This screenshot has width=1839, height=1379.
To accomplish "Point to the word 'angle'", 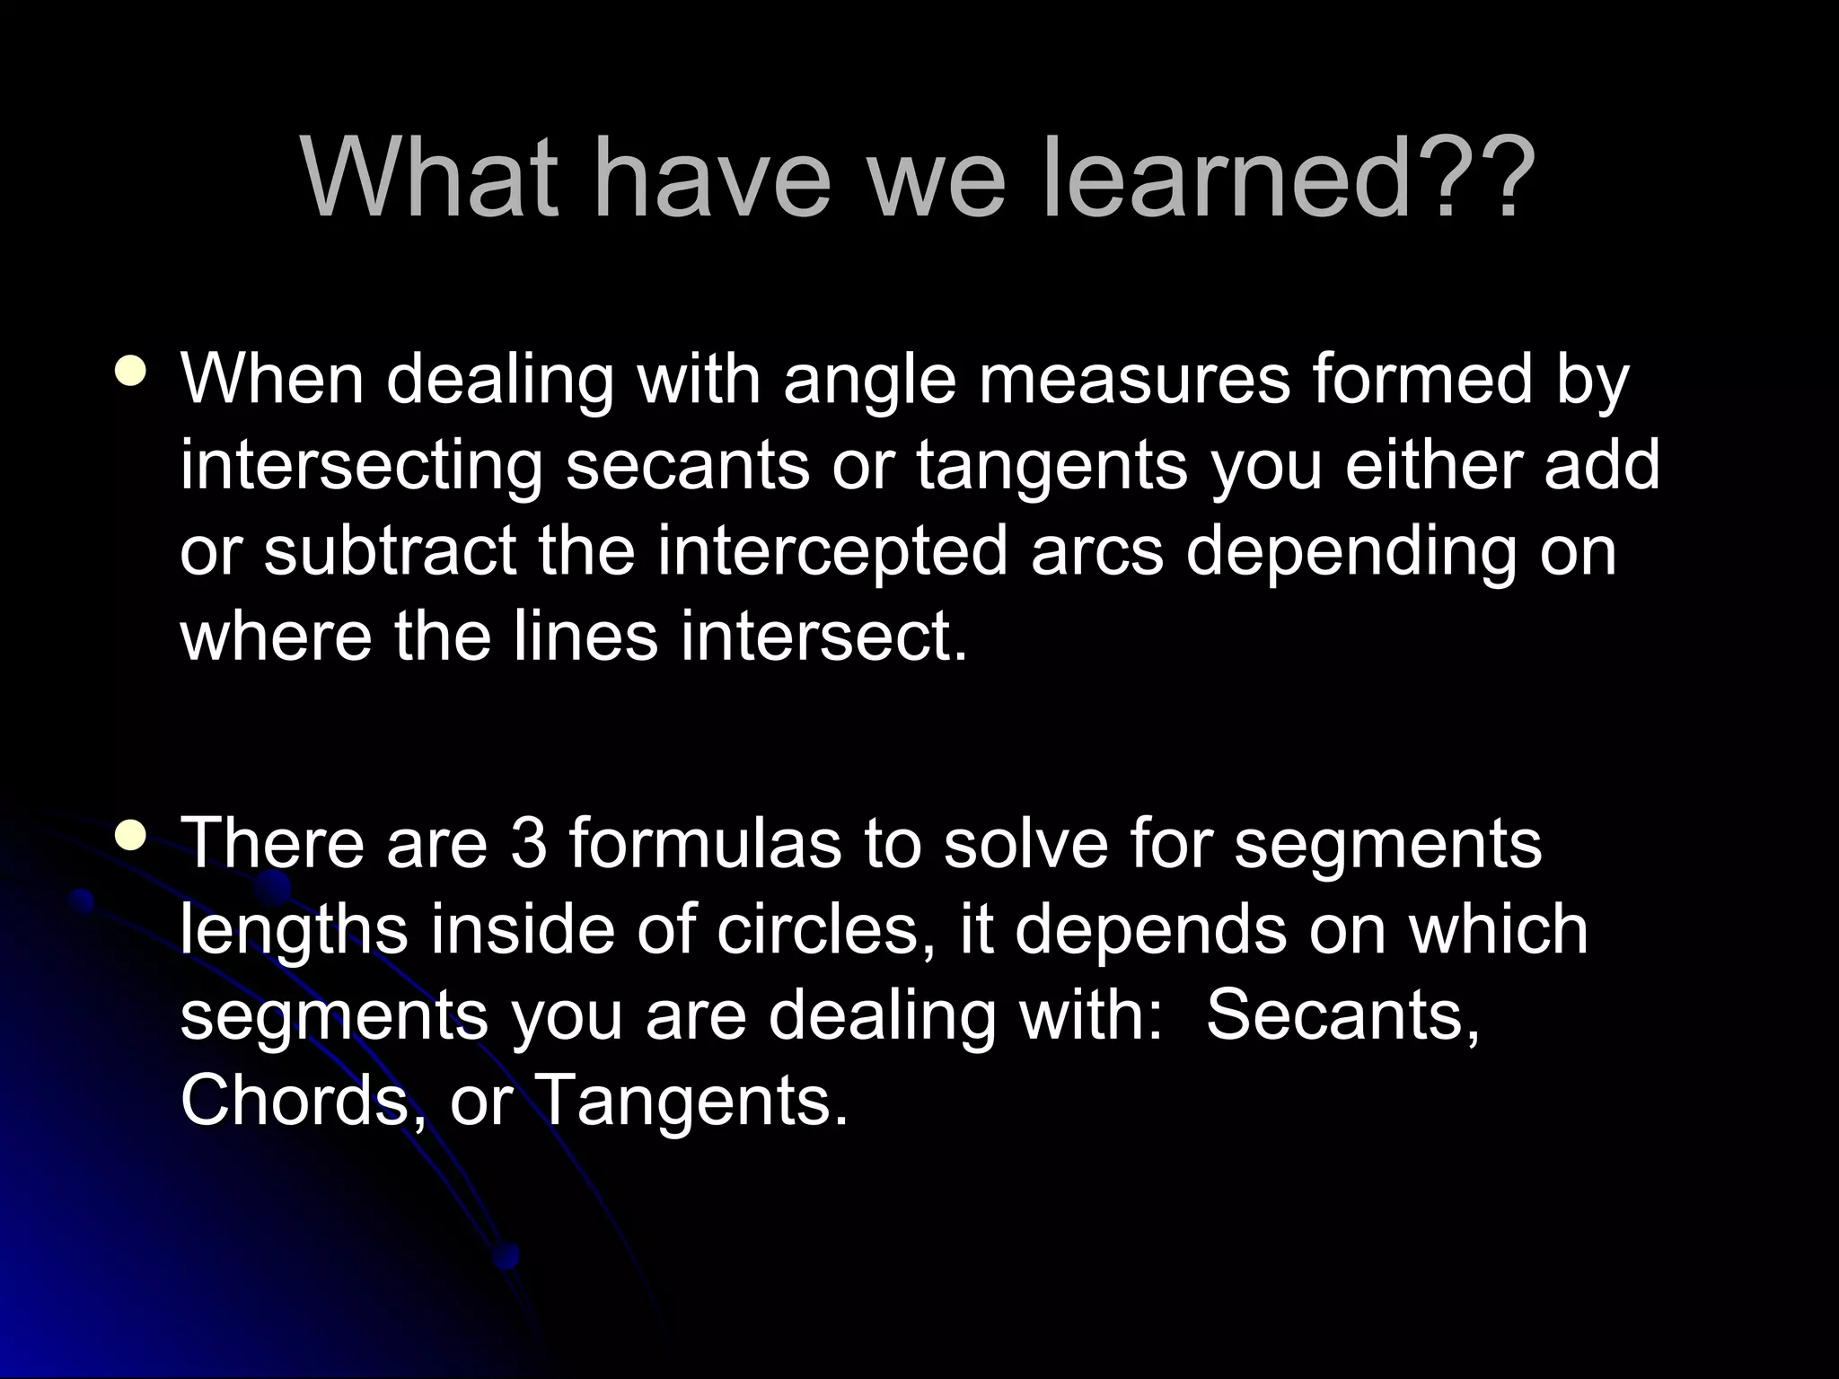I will (869, 381).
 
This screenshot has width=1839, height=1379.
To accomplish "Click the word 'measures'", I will (1133, 379).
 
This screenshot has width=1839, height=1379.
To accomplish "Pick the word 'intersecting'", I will (361, 466).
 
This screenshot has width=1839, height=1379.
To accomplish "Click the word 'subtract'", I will (390, 549).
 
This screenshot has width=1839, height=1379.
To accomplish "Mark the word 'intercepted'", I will (832, 551).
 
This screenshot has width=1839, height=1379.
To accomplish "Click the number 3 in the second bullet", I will (528, 844).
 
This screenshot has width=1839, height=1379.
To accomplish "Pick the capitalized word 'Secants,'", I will (1342, 1015).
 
